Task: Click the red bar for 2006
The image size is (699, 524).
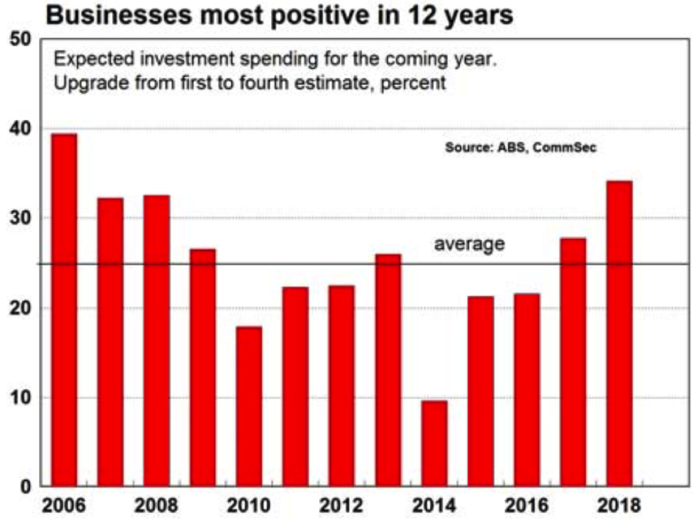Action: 64,310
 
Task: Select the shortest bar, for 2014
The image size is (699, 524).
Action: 434,444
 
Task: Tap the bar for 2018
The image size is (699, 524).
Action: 619,333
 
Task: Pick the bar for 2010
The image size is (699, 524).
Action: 249,407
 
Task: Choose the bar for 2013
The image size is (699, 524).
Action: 388,370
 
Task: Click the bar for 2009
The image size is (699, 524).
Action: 203,368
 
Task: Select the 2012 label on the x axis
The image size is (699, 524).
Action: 342,505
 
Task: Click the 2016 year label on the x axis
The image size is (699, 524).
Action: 527,505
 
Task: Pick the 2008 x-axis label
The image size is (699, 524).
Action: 156,505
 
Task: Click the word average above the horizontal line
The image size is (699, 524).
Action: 469,244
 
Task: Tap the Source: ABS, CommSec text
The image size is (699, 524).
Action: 521,148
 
